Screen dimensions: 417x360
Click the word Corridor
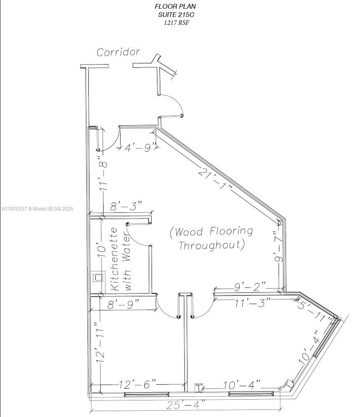tap(119, 52)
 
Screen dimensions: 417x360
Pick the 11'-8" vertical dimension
tap(104, 175)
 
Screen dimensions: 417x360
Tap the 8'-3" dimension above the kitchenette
tap(126, 207)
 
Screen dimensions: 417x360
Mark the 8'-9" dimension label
tap(123, 304)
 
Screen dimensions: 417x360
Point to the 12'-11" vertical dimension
tap(100, 342)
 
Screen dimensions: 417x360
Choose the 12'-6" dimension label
tap(138, 384)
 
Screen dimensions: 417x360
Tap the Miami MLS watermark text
tap(38, 209)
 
